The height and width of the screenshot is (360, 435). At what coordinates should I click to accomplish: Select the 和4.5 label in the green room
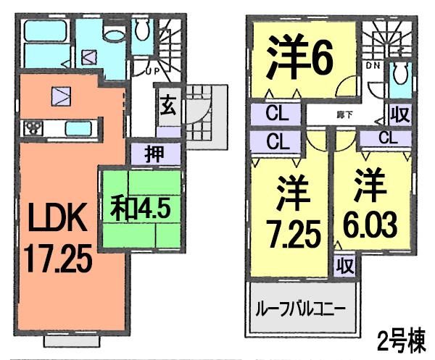[140, 209]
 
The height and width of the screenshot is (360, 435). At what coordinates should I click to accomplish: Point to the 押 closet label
[152, 154]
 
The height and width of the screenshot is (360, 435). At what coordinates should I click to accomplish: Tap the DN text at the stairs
[373, 66]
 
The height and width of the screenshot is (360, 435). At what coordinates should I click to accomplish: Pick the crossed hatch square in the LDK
[61, 94]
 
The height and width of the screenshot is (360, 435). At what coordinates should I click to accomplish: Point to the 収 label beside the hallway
[398, 114]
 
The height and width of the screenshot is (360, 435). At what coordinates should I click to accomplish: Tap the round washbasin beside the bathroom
[112, 34]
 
